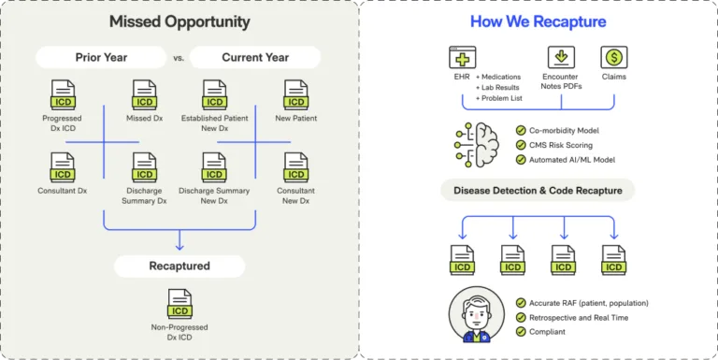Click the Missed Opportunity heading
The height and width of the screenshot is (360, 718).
pos(179,21)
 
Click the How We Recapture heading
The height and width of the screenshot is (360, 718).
pos(538,21)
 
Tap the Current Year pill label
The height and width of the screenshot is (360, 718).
pos(253,58)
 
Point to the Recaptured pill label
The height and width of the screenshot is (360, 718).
pos(179,266)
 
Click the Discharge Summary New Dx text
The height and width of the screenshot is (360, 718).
pos(215,195)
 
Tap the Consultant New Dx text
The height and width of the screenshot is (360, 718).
pos(296,195)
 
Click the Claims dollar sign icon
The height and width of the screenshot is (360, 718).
pos(614,57)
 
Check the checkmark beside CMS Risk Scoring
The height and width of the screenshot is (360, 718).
pos(521,146)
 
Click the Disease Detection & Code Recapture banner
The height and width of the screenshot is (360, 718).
pos(538,192)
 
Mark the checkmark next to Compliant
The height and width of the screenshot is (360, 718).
pos(521,331)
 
